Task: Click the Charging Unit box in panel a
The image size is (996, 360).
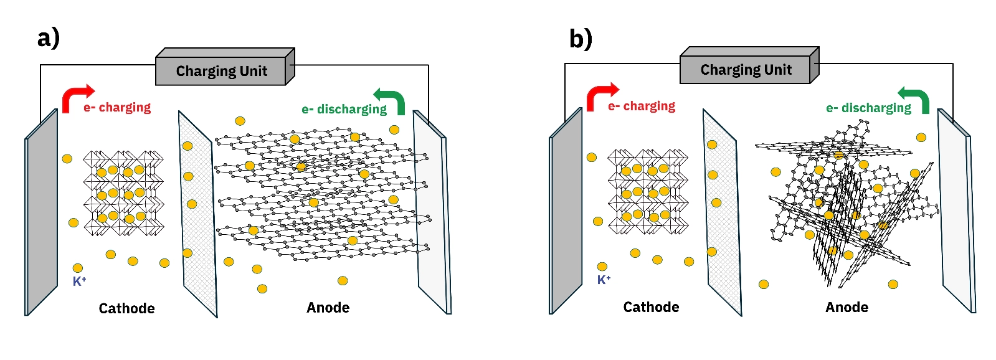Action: coord(221,71)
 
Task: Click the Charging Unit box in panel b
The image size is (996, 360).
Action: coord(746,70)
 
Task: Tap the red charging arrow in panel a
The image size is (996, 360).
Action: coord(75,97)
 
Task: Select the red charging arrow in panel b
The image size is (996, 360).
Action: coord(599,96)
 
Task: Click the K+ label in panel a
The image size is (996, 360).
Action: coord(79,282)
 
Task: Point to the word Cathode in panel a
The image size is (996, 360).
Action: coord(126,308)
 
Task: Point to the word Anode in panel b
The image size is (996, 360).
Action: coord(847,307)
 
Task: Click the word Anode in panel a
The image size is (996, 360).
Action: coord(328,308)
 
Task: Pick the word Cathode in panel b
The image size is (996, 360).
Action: coord(651,307)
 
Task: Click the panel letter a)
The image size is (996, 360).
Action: coord(48,37)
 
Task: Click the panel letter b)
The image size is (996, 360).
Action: coord(580,39)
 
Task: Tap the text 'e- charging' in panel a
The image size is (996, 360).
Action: coord(117,108)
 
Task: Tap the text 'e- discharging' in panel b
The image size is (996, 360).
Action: coord(868,108)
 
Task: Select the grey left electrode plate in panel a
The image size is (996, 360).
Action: coord(42,212)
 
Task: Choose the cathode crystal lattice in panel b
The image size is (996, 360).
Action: coord(648,192)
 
